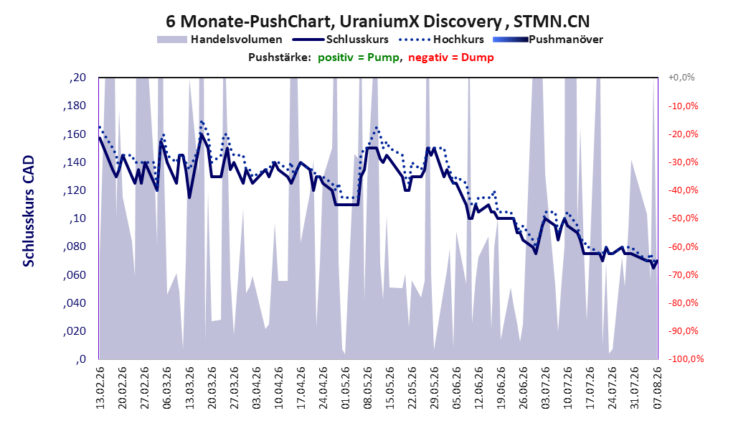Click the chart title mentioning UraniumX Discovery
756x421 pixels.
[x=377, y=22]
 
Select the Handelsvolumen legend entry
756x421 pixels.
[x=219, y=40]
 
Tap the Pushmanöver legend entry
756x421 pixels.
[x=548, y=40]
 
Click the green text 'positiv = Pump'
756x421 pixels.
[x=359, y=57]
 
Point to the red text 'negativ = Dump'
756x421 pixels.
[x=451, y=57]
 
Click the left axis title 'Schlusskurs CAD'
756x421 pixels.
[x=29, y=211]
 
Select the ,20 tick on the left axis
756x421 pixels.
[x=77, y=78]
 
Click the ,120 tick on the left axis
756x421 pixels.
[x=75, y=190]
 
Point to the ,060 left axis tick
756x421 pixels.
[x=75, y=274]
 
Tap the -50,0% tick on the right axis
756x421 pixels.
[x=683, y=218]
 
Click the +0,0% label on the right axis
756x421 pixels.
[x=681, y=78]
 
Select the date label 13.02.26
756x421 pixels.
[x=100, y=388]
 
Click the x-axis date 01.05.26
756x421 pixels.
[x=346, y=388]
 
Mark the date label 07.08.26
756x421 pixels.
[x=658, y=388]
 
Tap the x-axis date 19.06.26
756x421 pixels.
[x=501, y=388]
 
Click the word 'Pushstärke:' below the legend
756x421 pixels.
[x=280, y=57]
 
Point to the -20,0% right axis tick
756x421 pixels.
[x=683, y=134]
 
